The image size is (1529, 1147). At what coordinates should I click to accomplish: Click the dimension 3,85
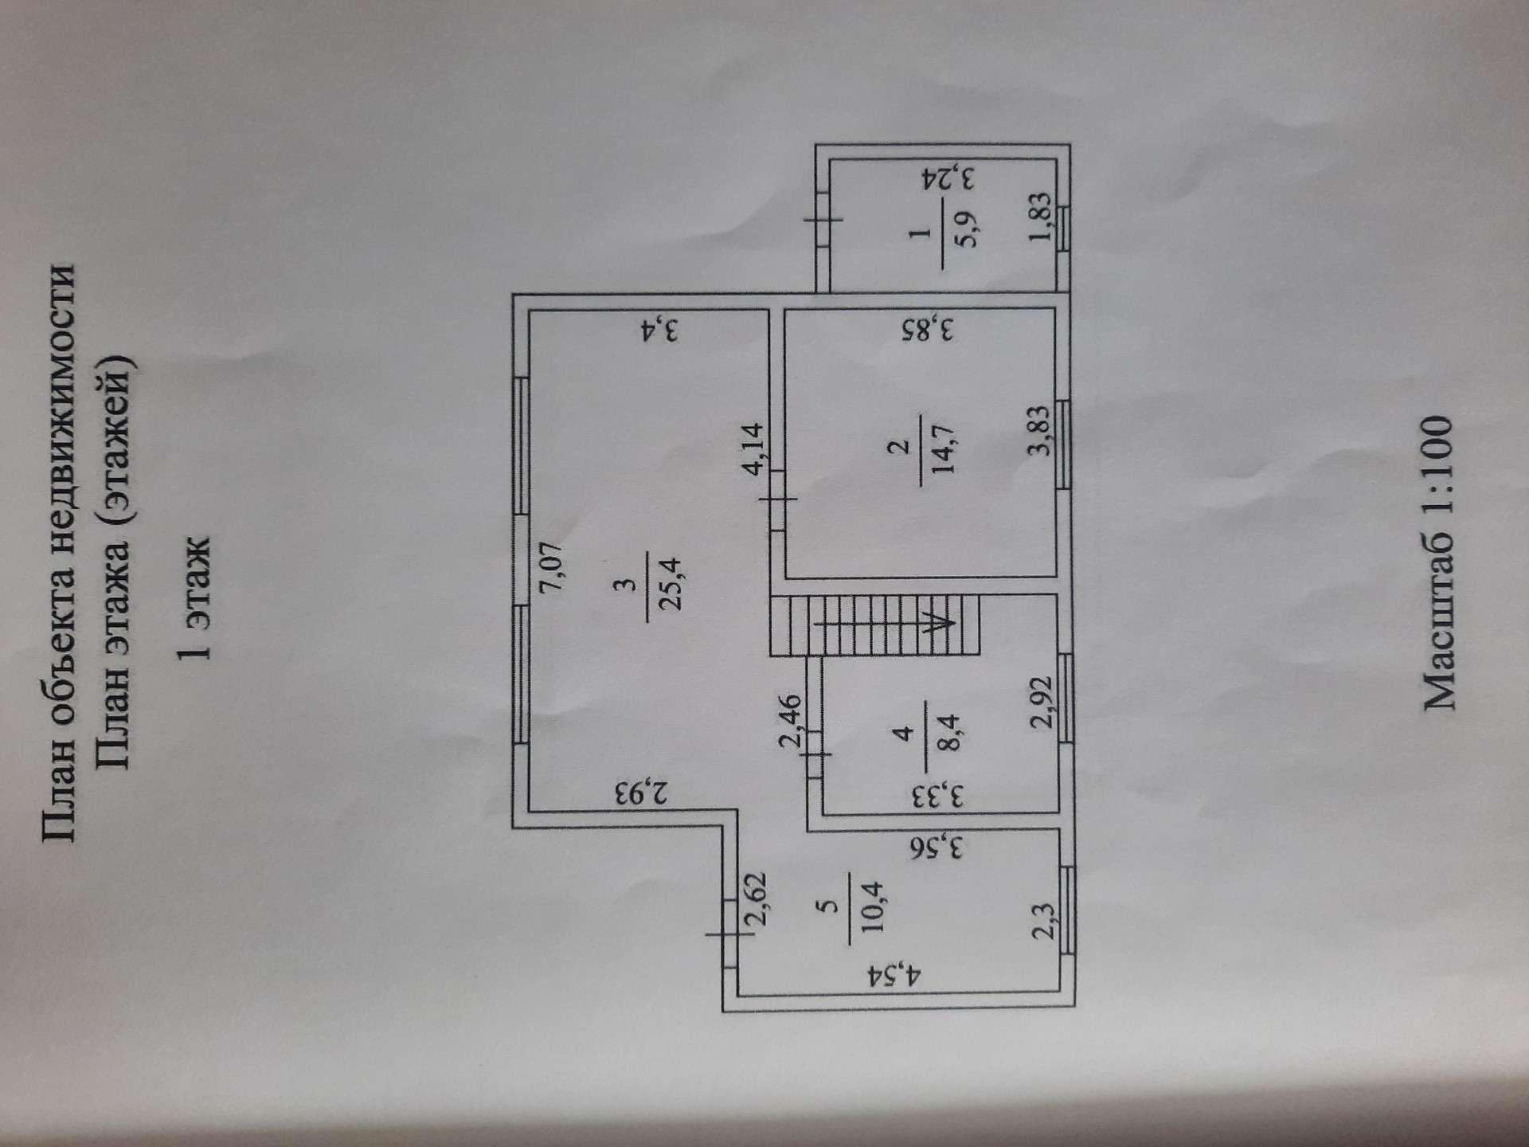pos(927,329)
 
